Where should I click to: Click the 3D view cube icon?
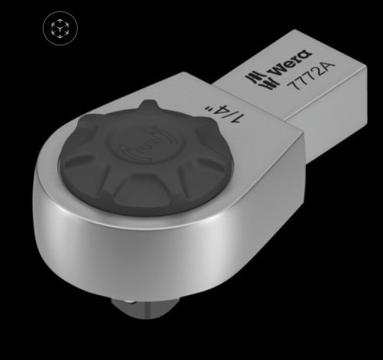60,29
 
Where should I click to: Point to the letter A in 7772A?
327,67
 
